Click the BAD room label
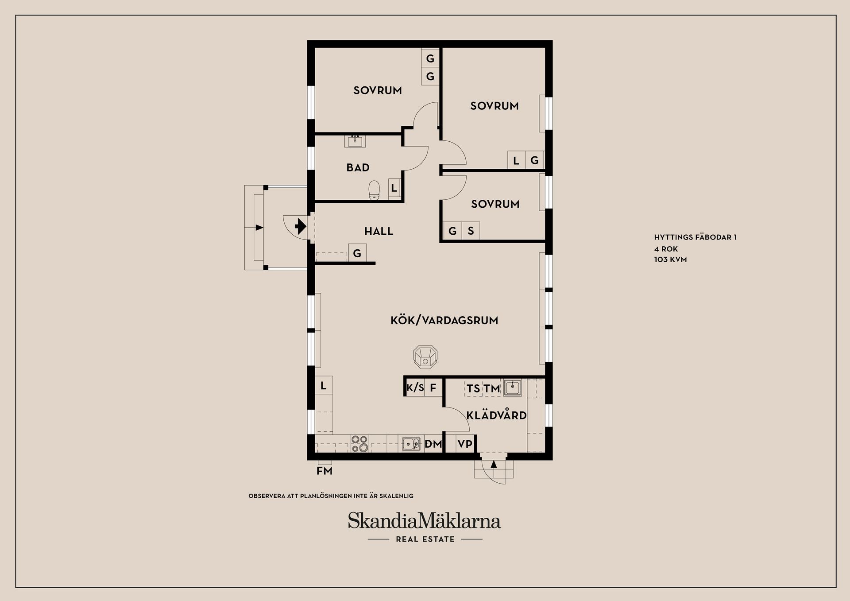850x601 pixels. [x=358, y=167]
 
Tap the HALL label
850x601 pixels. [x=379, y=231]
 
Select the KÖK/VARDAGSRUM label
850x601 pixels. [x=444, y=320]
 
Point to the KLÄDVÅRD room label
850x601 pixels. [x=496, y=415]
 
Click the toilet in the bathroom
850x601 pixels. [x=375, y=190]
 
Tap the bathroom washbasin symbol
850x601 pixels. [x=355, y=141]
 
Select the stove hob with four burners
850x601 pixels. [x=359, y=443]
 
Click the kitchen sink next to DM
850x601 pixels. [x=411, y=444]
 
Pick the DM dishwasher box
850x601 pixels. [x=433, y=444]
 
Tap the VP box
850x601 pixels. [x=465, y=444]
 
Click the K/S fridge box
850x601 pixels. [x=415, y=388]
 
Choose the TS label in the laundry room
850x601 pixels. [x=473, y=388]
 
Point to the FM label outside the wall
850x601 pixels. [x=324, y=471]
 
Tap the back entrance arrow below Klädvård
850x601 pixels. [x=494, y=464]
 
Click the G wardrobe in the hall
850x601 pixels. [x=357, y=253]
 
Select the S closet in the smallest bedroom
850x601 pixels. [x=471, y=231]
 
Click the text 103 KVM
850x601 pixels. [x=670, y=260]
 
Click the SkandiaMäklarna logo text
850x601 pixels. [x=424, y=521]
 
